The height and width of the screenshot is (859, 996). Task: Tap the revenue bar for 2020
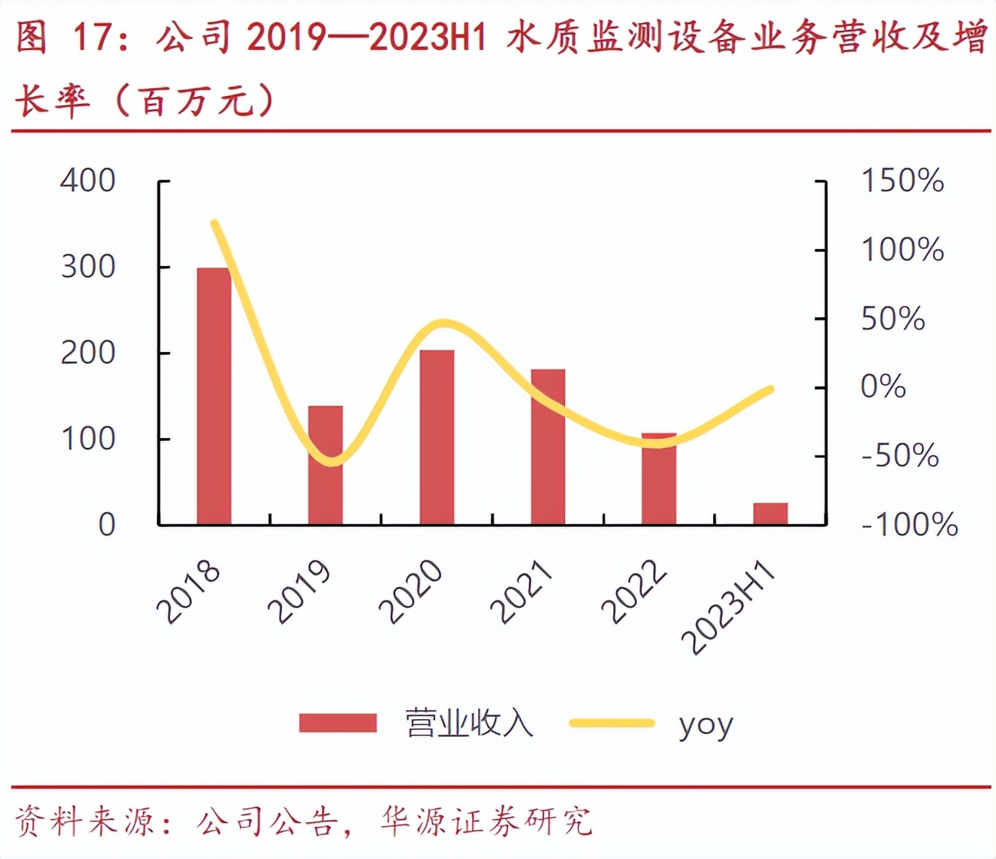click(x=437, y=437)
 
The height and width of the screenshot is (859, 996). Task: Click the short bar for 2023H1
click(x=770, y=513)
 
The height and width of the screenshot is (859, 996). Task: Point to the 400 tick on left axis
click(x=88, y=181)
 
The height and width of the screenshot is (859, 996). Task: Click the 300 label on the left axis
click(x=88, y=267)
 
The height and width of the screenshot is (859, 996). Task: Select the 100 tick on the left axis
click(x=88, y=439)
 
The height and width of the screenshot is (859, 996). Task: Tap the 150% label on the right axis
click(x=902, y=181)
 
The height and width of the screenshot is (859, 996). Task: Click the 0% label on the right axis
click(x=883, y=386)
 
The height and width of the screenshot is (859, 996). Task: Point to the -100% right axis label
click(x=909, y=525)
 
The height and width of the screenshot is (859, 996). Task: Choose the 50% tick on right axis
click(x=892, y=319)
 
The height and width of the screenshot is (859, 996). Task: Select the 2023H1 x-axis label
click(x=730, y=607)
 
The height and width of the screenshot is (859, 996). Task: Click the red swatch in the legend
click(x=338, y=723)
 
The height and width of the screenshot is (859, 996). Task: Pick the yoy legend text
click(x=705, y=724)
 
